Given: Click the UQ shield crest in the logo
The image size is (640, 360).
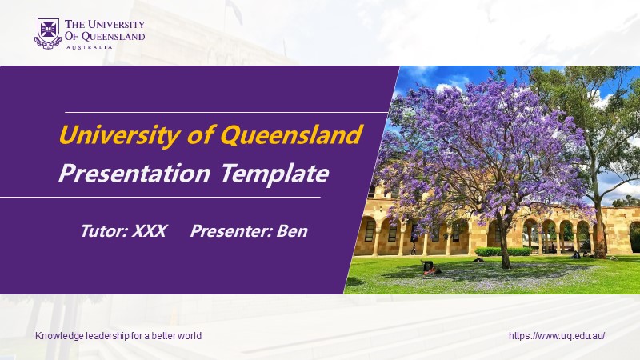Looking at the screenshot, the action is click(x=48, y=34).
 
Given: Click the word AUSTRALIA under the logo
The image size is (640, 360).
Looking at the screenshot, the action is click(x=89, y=47).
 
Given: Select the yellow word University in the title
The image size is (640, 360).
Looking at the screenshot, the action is click(x=119, y=135).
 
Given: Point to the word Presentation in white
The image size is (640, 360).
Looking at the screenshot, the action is click(x=134, y=174).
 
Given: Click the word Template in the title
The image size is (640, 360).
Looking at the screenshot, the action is click(x=274, y=174).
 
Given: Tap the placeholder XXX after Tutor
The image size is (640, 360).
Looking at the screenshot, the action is click(x=150, y=231).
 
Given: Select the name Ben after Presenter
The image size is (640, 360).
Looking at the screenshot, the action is click(x=292, y=231).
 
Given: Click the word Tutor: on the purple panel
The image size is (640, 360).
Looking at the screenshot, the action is click(x=105, y=231).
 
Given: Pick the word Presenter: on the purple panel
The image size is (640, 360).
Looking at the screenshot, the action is click(x=231, y=231).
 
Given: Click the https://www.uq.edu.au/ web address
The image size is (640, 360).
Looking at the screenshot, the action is click(x=557, y=336).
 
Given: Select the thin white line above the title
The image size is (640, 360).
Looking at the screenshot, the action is click(x=226, y=112).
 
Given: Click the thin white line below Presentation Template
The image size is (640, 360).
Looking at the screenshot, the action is click(x=160, y=197).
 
